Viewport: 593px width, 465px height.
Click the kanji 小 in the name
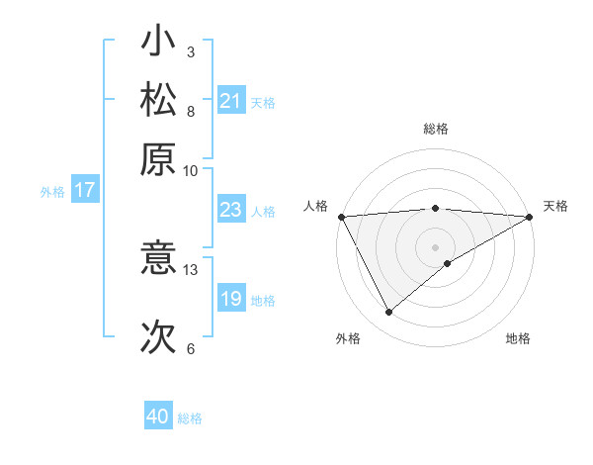[159, 44]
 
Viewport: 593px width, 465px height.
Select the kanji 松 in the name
[159, 102]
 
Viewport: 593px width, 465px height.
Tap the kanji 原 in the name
[159, 159]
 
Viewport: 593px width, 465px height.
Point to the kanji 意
[159, 259]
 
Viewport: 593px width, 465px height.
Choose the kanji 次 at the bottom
[159, 337]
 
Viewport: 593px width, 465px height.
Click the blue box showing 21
[231, 101]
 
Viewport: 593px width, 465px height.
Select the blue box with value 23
[231, 210]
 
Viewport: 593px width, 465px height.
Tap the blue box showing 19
[231, 299]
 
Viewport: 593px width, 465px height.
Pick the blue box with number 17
[84, 190]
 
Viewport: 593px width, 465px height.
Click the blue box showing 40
[158, 417]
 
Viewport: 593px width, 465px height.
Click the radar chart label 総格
[436, 129]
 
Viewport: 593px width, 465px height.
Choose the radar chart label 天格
[555, 206]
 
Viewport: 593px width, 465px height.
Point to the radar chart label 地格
[518, 338]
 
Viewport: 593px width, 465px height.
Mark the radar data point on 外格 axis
[388, 313]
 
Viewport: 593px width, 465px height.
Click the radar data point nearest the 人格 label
[340, 217]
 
